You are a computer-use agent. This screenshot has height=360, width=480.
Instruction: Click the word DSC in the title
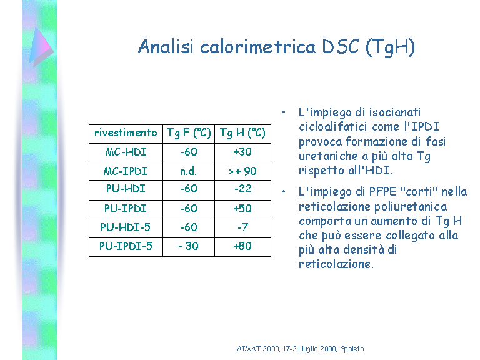point(340,47)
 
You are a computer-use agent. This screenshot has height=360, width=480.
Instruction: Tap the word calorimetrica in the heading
point(257,47)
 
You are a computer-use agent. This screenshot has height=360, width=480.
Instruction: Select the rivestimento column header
point(126,132)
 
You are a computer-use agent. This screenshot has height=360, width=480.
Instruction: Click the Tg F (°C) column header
point(189,133)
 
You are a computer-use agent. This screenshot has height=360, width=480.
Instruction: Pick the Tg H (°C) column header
point(242,133)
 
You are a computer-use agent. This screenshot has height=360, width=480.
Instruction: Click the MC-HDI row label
point(126,152)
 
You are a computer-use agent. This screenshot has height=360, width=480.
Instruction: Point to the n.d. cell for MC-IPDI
point(188,171)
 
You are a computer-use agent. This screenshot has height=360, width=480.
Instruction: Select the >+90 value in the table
point(242,171)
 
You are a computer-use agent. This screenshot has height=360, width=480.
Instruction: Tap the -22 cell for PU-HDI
point(242,189)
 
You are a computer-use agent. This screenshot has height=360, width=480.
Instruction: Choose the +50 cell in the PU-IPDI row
point(242,209)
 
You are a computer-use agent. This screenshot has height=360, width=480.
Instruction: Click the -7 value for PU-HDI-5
point(242,227)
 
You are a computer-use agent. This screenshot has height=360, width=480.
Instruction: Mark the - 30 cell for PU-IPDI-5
point(188,246)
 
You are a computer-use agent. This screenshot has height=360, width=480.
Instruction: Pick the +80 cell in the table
point(242,246)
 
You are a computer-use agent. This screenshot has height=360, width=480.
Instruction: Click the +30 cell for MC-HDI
point(242,152)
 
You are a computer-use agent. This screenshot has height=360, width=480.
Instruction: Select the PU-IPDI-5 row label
point(126,246)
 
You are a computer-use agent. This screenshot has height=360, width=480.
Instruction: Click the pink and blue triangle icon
point(41,46)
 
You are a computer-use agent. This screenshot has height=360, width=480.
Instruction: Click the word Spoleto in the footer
point(352,349)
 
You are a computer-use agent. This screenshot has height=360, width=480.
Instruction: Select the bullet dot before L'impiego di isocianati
point(284,112)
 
